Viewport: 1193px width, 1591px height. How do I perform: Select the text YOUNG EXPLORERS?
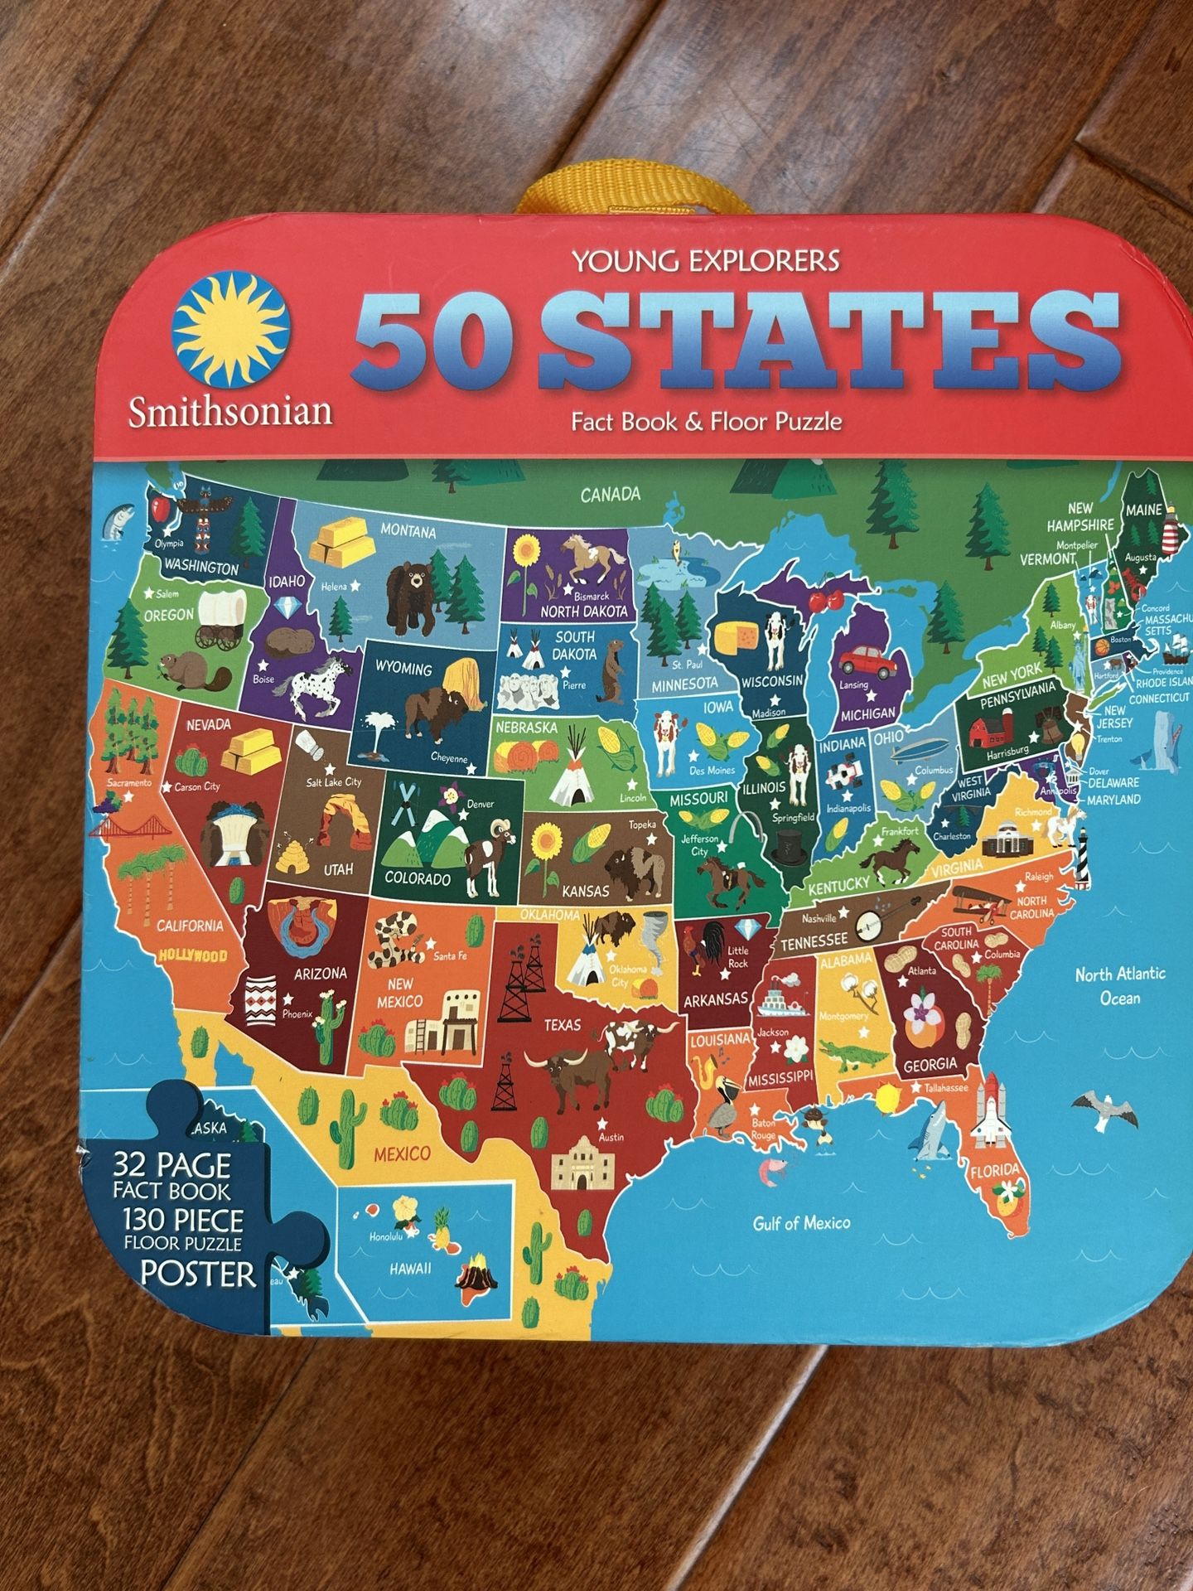pos(706,262)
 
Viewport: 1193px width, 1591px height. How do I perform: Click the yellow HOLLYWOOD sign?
pos(192,955)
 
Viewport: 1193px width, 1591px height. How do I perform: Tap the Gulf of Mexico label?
pos(801,1222)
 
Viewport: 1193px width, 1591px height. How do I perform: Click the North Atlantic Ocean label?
pos(1119,985)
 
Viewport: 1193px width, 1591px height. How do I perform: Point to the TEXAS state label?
pos(563,1025)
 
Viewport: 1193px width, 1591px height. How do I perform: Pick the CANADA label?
pos(610,495)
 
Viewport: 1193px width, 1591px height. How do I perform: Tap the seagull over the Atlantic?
pos(1099,1108)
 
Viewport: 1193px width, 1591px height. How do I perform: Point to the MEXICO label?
pos(402,1153)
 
